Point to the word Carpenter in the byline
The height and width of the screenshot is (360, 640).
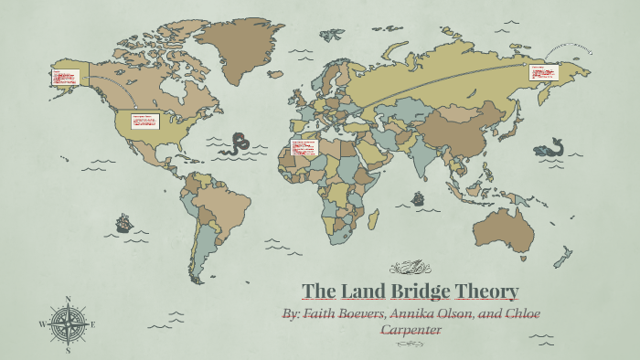410,329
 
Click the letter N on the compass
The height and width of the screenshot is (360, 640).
67,299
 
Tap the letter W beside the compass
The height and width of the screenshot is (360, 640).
43,324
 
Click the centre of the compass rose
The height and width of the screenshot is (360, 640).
67,323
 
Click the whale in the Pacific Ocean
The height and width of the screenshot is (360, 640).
551,146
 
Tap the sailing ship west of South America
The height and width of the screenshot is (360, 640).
123,222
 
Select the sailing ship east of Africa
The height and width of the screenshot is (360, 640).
418,197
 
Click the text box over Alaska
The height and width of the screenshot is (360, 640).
62,78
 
